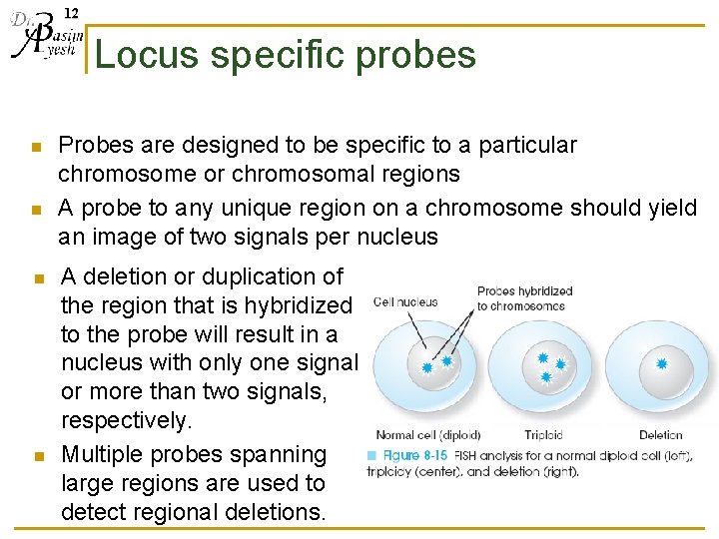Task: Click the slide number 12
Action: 71,13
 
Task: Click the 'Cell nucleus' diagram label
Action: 405,301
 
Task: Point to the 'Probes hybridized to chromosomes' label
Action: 524,298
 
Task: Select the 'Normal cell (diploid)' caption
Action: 427,435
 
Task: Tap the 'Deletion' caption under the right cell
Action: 661,435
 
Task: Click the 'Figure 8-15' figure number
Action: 415,456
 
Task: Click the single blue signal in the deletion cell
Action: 660,364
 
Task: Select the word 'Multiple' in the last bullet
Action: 102,455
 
